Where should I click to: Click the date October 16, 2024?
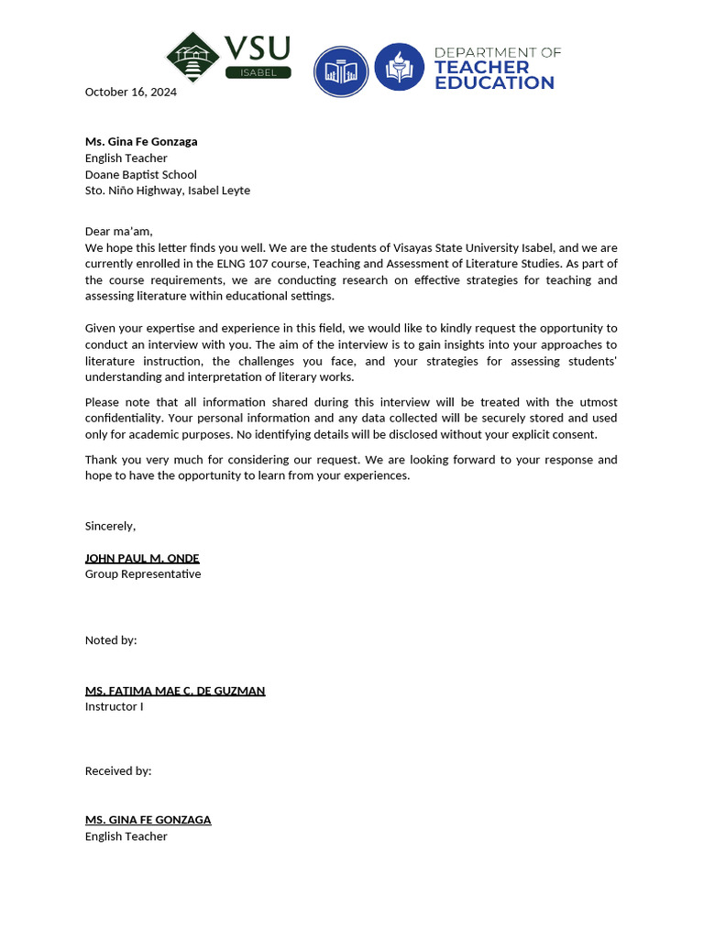point(130,92)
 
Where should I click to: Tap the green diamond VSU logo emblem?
point(192,57)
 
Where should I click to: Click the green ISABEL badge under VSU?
point(258,72)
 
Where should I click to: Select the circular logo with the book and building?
point(341,71)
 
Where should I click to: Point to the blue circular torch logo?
point(399,66)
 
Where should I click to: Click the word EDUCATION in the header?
point(494,83)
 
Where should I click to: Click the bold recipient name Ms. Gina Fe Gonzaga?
point(141,141)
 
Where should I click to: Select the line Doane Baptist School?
point(140,174)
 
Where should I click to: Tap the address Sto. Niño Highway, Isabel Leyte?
point(167,191)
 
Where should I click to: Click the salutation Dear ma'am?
point(118,231)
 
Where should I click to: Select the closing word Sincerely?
point(110,526)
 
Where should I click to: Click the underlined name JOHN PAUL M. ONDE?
point(142,558)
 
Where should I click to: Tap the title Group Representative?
point(143,574)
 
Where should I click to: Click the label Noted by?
point(111,640)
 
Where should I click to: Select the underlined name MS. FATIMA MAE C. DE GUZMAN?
point(175,691)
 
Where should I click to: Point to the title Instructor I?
point(114,707)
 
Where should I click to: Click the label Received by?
point(118,771)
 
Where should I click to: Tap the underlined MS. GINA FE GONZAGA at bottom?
point(148,820)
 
